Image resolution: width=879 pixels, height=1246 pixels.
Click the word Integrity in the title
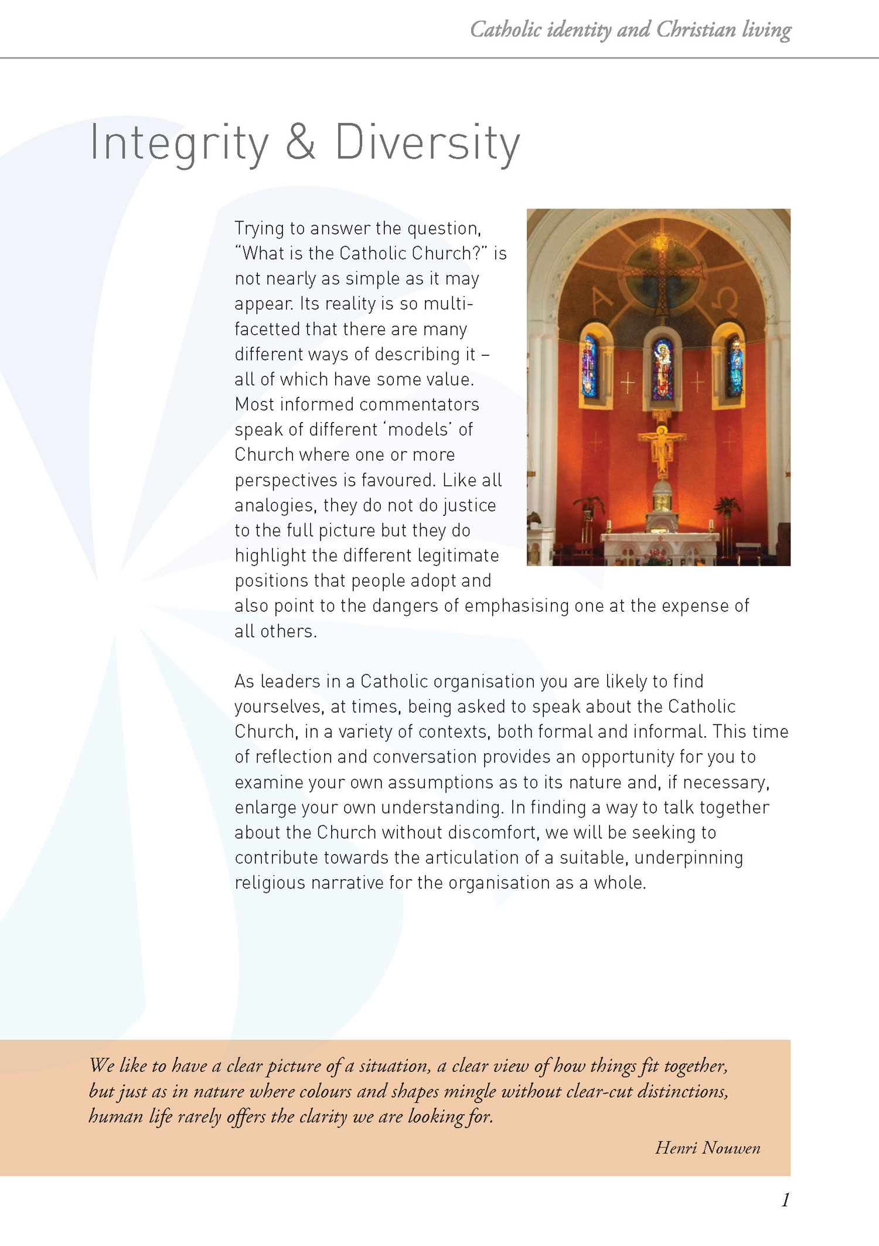179,143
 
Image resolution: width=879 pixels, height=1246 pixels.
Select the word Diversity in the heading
427,143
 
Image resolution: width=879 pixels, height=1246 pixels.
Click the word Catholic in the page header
505,29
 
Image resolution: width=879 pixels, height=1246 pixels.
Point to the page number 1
785,1200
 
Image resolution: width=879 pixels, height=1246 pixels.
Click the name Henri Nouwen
707,1148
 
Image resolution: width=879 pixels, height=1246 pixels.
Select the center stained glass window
662,368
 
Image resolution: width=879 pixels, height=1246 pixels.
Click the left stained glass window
590,365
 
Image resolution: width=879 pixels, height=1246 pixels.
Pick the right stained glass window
735,365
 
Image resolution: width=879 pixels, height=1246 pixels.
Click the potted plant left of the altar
588,506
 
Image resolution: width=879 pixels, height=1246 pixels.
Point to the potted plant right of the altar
727,506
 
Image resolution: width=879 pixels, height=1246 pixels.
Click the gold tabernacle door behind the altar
662,503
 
